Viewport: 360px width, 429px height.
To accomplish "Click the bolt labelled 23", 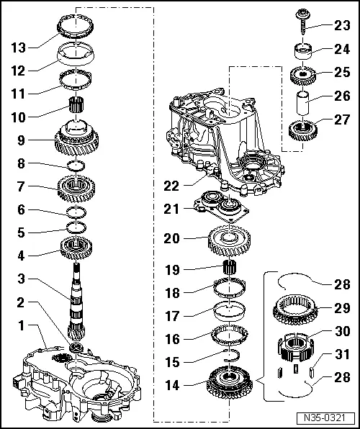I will (300, 22).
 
